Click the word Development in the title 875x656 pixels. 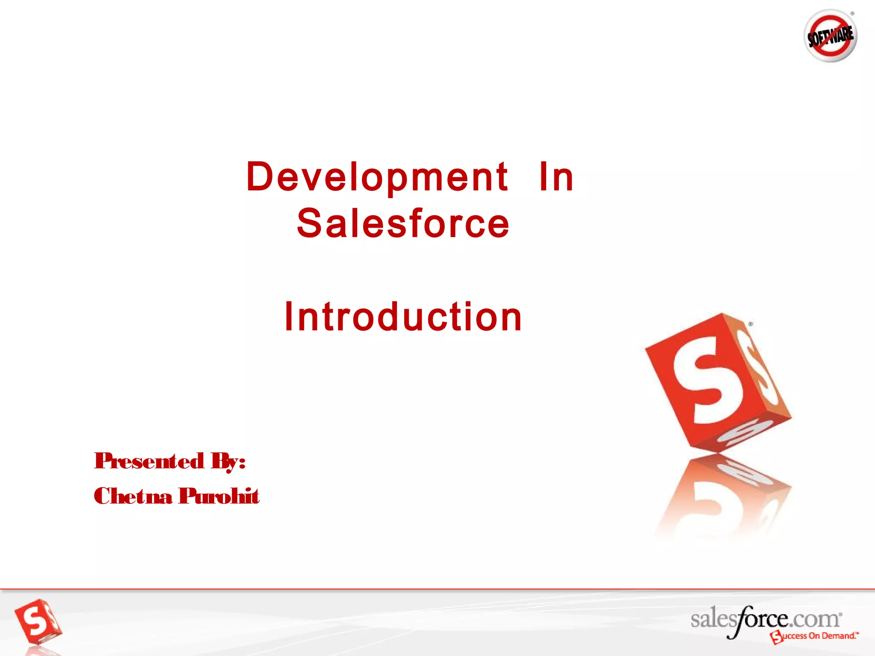[377, 177]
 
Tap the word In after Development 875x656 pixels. [556, 177]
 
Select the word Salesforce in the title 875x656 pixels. [403, 224]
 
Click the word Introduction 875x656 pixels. [403, 316]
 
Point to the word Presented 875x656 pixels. [149, 461]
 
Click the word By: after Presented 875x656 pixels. [228, 462]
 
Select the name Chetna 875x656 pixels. [133, 496]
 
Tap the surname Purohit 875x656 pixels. [219, 496]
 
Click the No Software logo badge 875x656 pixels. [830, 36]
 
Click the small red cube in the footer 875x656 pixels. [38, 621]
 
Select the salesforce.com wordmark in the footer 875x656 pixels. [765, 619]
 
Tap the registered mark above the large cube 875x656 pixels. [751, 324]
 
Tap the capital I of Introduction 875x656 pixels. [288, 316]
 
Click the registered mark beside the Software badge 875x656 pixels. [852, 14]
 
